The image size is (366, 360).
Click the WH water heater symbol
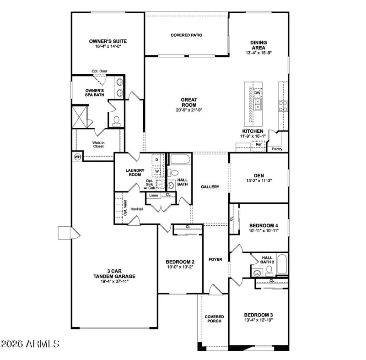tap(77, 157)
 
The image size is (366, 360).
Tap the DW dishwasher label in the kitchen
tap(257, 93)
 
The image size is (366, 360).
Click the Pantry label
tap(277, 149)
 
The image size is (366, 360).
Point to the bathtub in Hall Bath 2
tap(282, 264)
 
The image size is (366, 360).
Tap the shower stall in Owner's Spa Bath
tap(80, 117)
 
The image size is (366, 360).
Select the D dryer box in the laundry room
tap(157, 160)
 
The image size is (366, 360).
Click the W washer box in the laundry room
tap(157, 171)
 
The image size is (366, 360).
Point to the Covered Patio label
tap(187, 35)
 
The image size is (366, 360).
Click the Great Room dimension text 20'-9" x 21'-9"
tap(189, 110)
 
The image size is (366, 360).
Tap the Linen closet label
tap(154, 195)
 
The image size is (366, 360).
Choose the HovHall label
tap(137, 209)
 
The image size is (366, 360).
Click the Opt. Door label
tap(99, 71)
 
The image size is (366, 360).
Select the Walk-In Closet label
tap(98, 144)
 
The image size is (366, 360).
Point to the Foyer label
tap(215, 259)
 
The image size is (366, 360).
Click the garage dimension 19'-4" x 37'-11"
tap(114, 281)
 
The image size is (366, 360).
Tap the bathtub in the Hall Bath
tap(180, 159)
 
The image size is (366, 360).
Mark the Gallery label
tap(210, 187)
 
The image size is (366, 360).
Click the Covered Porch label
tap(214, 319)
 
